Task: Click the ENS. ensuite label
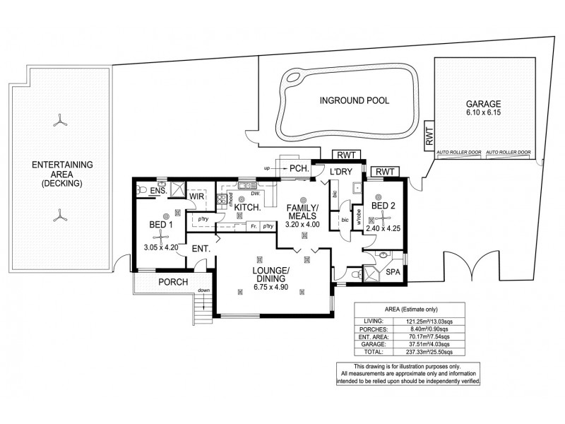(x=158, y=190)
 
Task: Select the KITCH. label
(x=252, y=208)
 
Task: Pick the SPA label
(x=392, y=272)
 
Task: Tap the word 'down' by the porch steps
(x=203, y=290)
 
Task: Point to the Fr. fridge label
(x=252, y=226)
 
